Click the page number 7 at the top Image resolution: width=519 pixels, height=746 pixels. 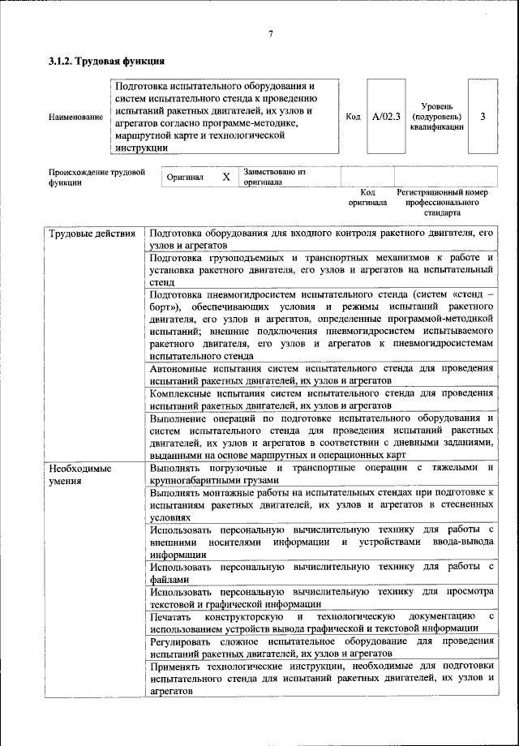coord(271,33)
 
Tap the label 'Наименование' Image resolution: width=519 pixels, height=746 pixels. coord(75,118)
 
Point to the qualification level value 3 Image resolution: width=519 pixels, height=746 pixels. coord(483,117)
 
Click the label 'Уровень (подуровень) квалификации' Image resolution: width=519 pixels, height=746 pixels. coord(436,117)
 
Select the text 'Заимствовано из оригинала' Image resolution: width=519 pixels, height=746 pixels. coord(274,177)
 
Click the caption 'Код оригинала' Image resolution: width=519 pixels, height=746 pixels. coord(367,197)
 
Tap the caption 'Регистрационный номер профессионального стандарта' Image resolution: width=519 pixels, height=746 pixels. coord(443,203)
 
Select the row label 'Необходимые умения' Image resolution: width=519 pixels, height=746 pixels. coord(79,475)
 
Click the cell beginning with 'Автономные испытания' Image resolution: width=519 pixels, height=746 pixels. coord(321,374)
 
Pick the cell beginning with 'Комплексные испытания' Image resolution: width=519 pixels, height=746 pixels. coord(321,399)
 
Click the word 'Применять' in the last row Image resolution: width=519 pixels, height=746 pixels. coord(174,666)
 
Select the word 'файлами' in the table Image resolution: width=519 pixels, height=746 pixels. coord(169,580)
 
